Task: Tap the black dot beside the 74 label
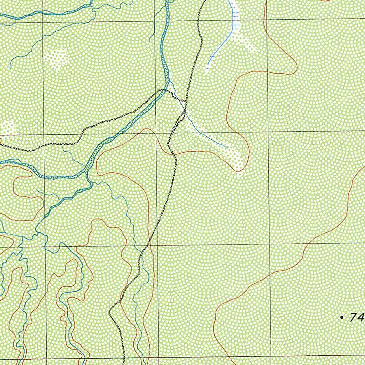(x=342, y=317)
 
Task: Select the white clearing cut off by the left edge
(x=7, y=128)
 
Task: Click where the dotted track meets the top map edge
(x=205, y=1)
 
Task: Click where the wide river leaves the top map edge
(x=166, y=1)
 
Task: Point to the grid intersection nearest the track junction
(x=156, y=133)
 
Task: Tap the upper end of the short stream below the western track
(x=63, y=147)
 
